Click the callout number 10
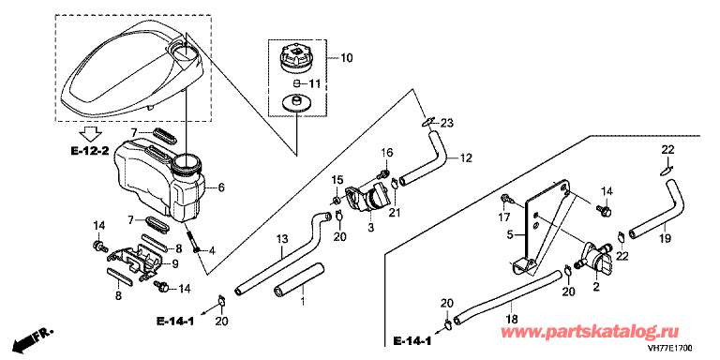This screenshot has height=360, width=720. tap(347, 58)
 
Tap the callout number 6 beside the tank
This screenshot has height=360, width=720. tap(221, 187)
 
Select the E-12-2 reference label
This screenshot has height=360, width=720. tap(90, 153)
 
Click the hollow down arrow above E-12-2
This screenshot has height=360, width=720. tap(90, 135)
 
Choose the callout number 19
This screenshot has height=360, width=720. tap(666, 238)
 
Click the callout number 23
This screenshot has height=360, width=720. tap(446, 123)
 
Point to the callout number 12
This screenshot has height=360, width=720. tap(466, 157)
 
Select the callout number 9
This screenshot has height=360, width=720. tap(176, 264)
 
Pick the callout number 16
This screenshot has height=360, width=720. tap(386, 152)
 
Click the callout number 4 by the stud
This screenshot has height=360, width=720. tap(211, 250)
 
